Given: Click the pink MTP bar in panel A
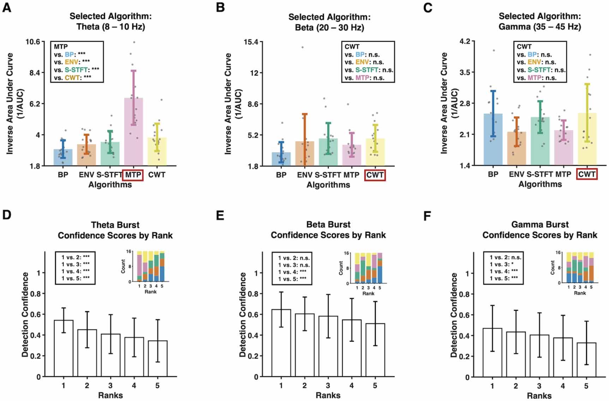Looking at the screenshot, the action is (133, 132).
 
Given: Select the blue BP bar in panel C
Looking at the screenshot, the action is (493, 140).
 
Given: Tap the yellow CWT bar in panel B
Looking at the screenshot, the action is (375, 152).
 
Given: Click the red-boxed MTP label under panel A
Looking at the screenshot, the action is (133, 175).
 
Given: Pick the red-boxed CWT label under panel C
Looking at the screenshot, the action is (587, 174).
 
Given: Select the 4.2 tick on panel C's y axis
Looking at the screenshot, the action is (465, 41).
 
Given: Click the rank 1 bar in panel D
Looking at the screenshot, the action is (64, 348).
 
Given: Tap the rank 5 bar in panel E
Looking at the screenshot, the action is (375, 350).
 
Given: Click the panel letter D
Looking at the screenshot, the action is (7, 215).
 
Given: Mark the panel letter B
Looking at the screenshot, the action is (220, 7).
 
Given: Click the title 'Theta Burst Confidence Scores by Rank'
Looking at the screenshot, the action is (115, 230).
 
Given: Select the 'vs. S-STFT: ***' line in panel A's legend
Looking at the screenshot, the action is (77, 70).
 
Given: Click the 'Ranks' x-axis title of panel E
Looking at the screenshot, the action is (328, 395).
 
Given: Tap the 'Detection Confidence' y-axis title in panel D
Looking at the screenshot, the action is (25, 314).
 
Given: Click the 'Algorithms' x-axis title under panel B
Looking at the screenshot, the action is (328, 185).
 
